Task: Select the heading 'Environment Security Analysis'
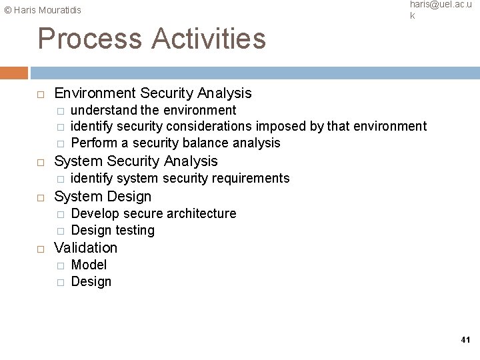click(x=153, y=93)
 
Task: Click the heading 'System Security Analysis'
click(x=135, y=161)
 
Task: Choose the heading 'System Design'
click(x=103, y=196)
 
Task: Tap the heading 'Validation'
click(x=85, y=247)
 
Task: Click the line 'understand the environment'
click(x=153, y=109)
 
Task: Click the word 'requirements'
click(x=253, y=178)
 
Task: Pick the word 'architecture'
click(x=201, y=213)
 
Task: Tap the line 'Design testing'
click(x=113, y=230)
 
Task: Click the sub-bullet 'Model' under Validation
click(x=89, y=265)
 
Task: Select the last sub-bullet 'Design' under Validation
click(x=91, y=281)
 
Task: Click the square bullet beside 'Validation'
click(x=41, y=248)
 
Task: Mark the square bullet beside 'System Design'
click(x=41, y=197)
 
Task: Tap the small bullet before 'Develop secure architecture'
click(x=60, y=214)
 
